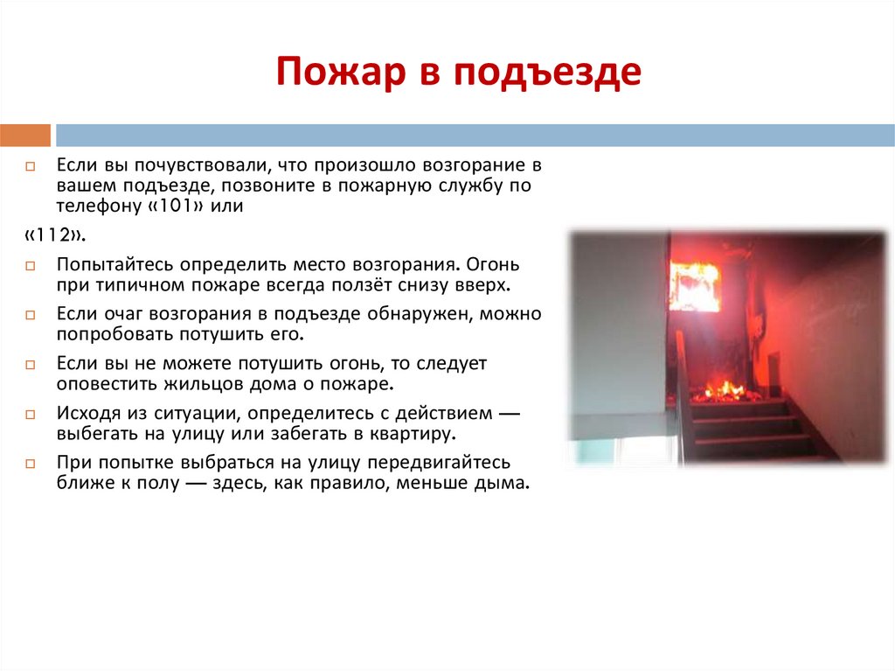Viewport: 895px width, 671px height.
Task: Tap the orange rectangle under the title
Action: [25, 135]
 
